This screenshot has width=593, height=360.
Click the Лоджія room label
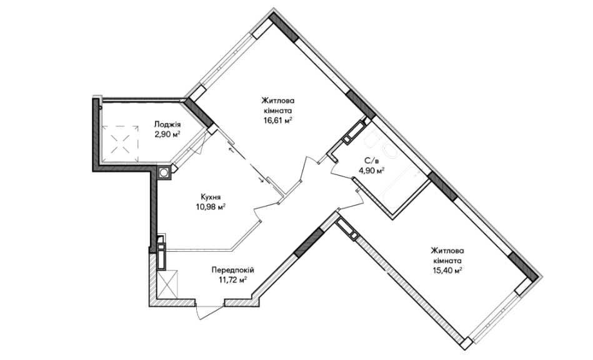pos(167,124)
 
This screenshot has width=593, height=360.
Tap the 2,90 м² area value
pos(167,134)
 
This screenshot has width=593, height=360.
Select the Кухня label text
pos(211,197)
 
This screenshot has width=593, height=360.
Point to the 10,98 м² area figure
pos(211,207)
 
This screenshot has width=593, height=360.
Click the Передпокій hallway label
pos(233,270)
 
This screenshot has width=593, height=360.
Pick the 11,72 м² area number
pos(233,280)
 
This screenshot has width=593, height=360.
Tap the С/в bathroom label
pos(371,161)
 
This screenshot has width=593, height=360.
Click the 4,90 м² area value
pos(371,170)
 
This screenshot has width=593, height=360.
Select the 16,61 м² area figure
pos(277,121)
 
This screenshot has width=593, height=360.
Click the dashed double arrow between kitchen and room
pos(246,165)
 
